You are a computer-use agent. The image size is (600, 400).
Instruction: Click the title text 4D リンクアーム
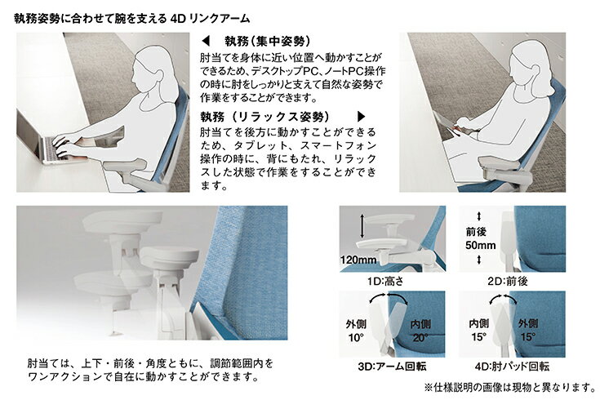click(209, 19)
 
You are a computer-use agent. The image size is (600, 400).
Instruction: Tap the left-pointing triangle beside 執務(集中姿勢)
click(206, 41)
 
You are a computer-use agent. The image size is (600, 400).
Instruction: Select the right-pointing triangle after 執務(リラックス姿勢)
click(361, 117)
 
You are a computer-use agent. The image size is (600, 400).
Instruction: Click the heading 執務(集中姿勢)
click(268, 41)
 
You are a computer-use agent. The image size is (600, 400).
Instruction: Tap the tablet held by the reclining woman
click(451, 124)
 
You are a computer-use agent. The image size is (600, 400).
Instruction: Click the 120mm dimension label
click(358, 260)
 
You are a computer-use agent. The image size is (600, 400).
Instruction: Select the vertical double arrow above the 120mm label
click(362, 227)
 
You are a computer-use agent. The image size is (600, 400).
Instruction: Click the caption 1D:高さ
click(385, 282)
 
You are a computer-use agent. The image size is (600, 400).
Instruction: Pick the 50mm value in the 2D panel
click(481, 246)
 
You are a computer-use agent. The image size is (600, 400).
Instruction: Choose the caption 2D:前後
click(508, 282)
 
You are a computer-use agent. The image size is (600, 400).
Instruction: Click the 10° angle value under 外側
click(356, 338)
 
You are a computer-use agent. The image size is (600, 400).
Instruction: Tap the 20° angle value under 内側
click(420, 338)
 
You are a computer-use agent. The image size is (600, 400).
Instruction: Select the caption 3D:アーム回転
click(392, 367)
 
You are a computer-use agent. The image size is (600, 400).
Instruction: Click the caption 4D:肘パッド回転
click(512, 367)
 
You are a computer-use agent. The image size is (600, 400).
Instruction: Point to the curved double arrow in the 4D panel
click(503, 297)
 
